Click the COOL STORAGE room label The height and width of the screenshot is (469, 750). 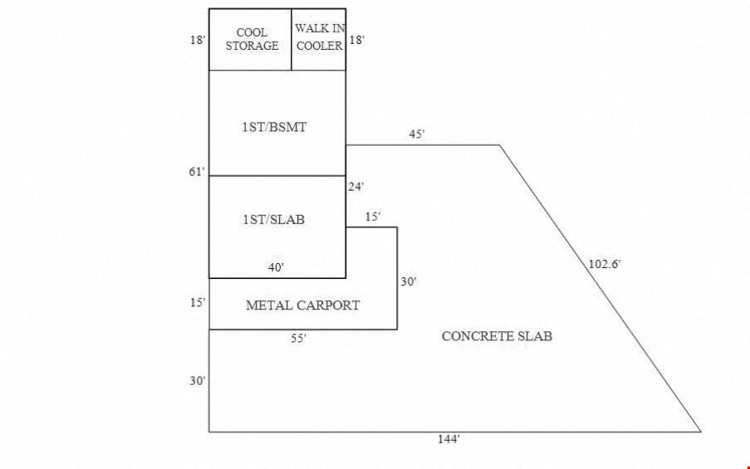pos(252,39)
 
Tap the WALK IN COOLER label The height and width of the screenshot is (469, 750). pos(320,38)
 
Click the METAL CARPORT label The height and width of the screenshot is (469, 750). pos(303,305)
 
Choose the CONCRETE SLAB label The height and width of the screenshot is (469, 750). pos(497,336)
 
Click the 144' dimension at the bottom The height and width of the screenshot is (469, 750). pos(449,439)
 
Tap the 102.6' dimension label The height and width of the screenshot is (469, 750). pos(605,264)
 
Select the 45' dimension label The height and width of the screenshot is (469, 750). pos(416,134)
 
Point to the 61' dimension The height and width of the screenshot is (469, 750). pos(198,172)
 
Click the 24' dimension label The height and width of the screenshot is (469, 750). pos(355,187)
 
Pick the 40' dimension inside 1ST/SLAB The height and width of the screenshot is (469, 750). pos(277,267)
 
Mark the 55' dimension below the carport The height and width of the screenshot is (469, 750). pos(298,339)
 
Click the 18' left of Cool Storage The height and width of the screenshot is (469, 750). pos(198,40)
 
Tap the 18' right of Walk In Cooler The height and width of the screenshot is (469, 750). pos(356,40)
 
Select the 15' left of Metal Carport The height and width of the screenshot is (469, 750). pos(198,303)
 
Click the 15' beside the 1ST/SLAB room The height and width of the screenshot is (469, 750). pos(373,217)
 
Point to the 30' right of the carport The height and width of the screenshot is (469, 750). pos(408,282)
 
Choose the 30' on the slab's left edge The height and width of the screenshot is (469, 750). pos(198,381)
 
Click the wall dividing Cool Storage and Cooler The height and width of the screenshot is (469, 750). pos(292,40)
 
